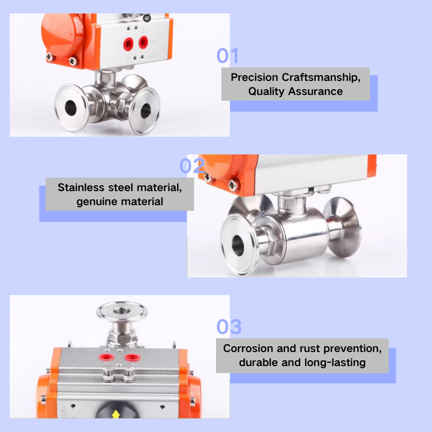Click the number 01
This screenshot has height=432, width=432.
227,56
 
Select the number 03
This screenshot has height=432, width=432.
229,327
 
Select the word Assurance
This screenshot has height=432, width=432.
315,91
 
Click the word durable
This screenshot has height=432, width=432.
259,362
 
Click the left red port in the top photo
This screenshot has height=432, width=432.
130,42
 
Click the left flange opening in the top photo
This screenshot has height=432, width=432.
70,106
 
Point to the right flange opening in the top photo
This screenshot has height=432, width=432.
146,111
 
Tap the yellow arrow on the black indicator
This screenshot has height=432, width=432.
115,415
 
